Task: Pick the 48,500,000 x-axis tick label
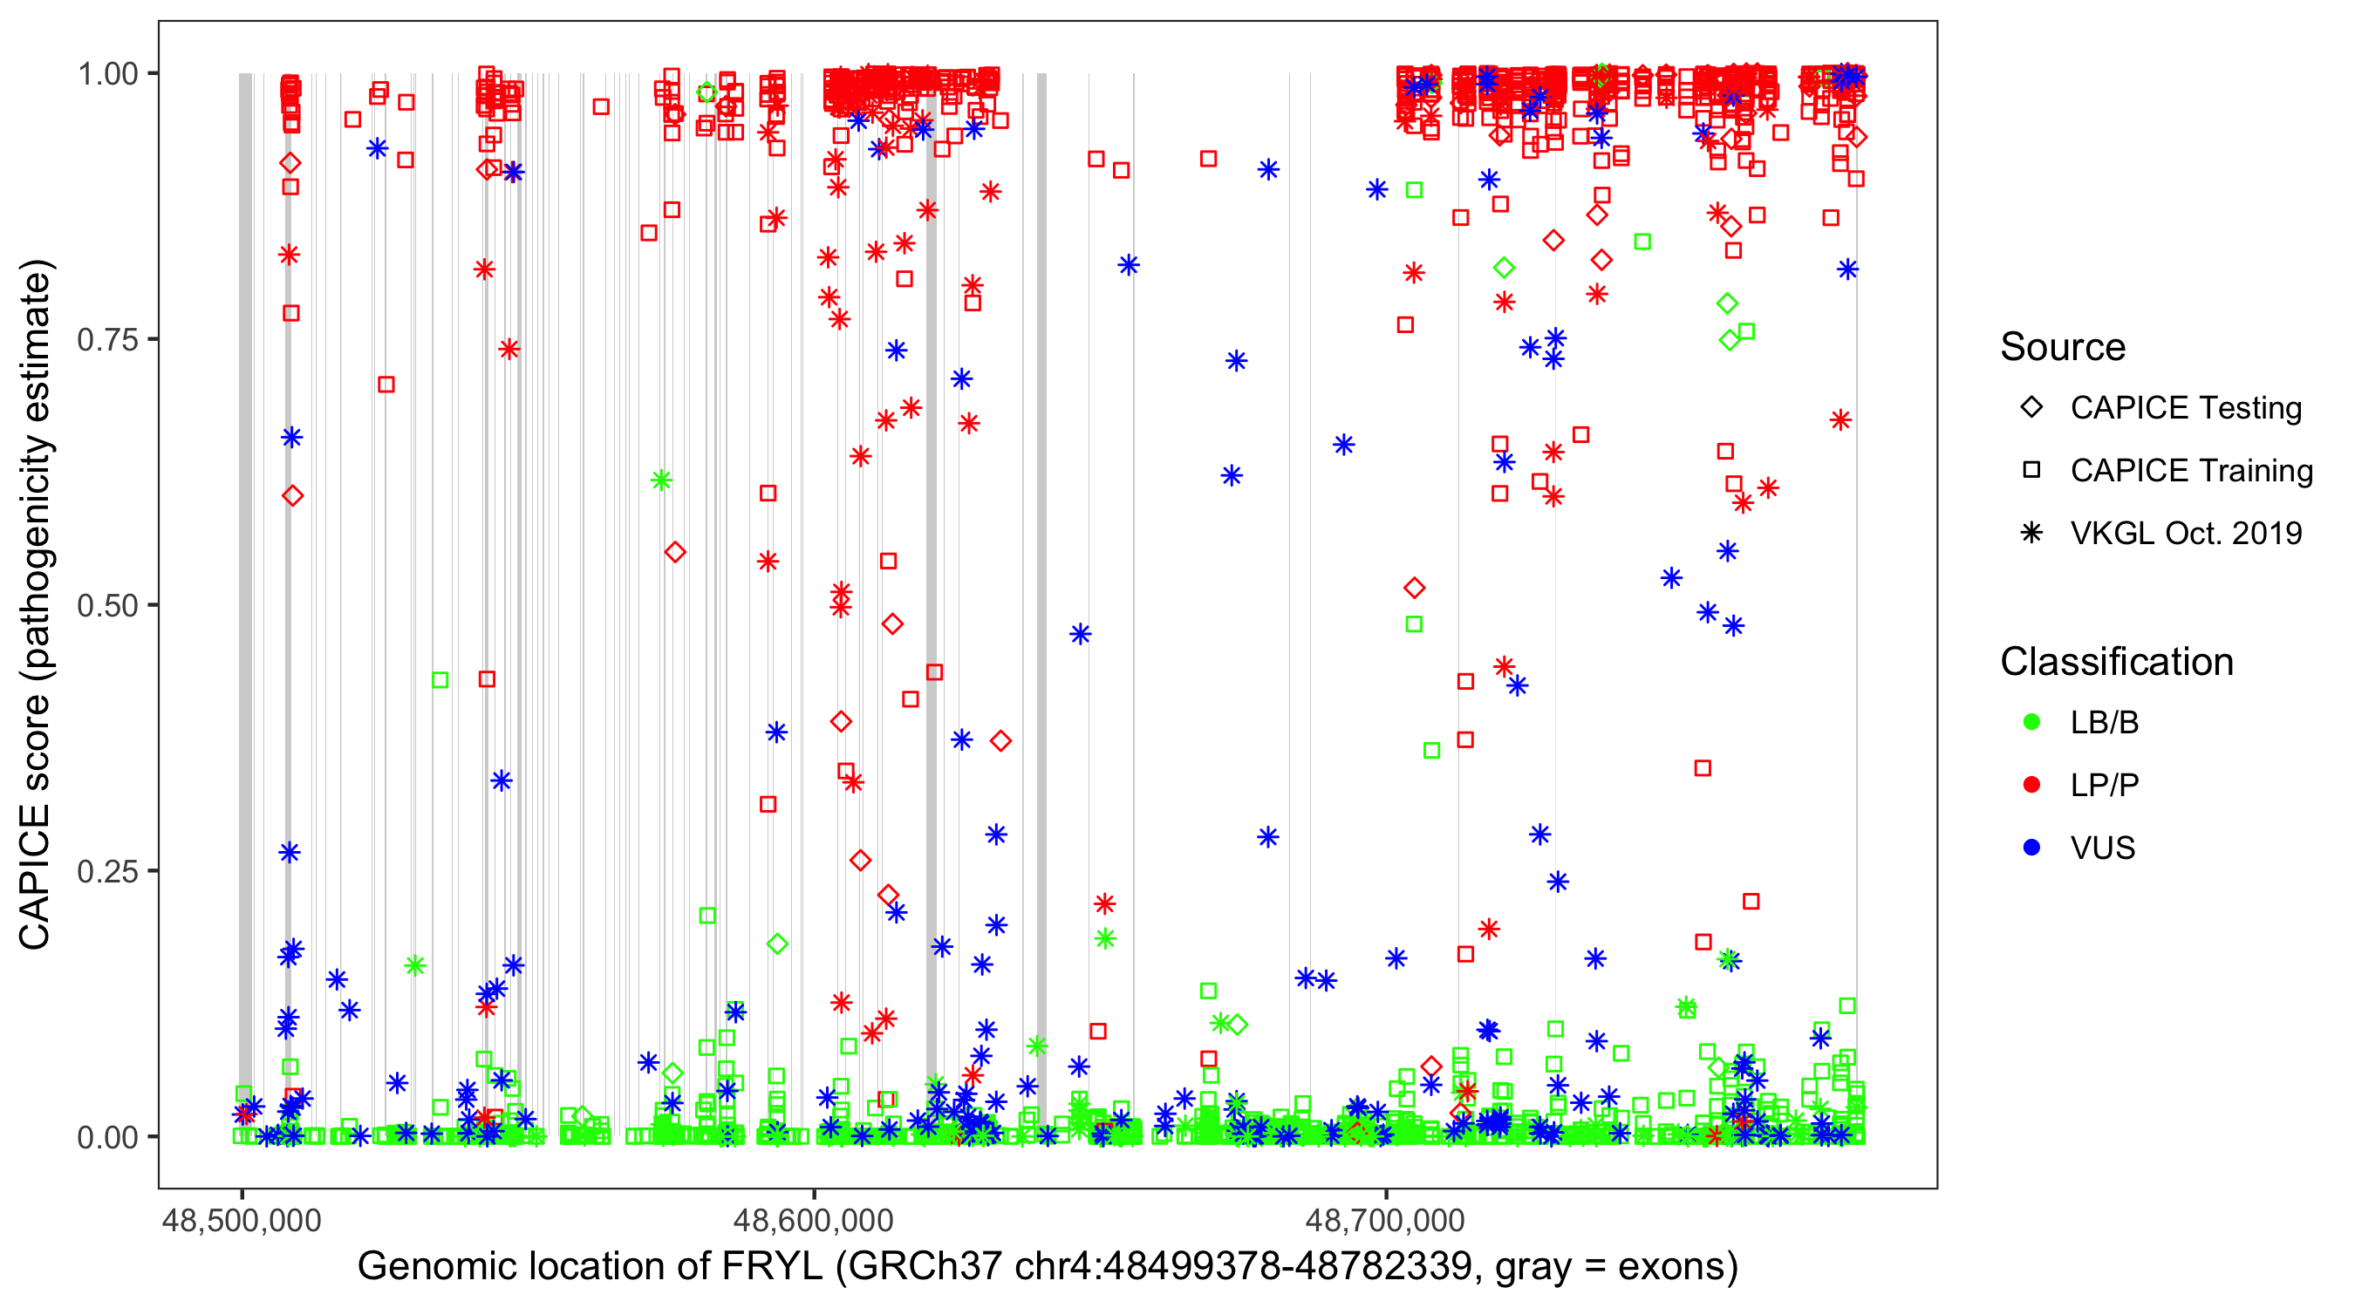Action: (242, 1220)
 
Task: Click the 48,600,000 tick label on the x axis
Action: (814, 1220)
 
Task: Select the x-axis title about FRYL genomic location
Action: (1047, 1267)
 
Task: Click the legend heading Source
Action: (2063, 347)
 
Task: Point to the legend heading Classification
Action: (2116, 662)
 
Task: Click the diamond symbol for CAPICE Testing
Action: (2031, 408)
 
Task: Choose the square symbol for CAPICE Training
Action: (2031, 471)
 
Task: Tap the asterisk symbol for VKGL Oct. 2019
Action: (2031, 533)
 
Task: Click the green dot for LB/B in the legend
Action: (2031, 722)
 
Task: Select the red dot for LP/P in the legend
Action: (2031, 785)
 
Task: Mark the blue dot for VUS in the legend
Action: (2031, 848)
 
